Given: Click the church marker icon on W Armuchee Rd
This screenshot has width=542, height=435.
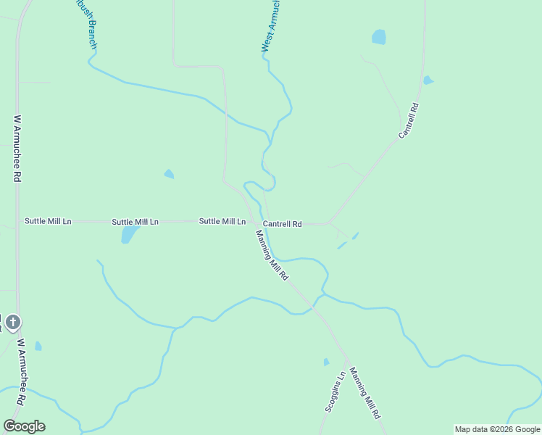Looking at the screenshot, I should coord(12,323).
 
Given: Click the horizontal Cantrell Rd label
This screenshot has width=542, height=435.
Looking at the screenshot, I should coord(282,224).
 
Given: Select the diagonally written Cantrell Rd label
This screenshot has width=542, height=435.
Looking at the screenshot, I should coord(409,120).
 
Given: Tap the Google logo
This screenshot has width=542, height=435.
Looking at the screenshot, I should coord(24,426).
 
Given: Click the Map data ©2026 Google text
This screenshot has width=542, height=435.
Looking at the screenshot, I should coord(498,429).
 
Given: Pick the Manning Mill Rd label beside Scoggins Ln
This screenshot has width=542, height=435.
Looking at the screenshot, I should coord(364,393).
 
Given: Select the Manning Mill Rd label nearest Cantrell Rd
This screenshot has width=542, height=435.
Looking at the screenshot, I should coord(272,255).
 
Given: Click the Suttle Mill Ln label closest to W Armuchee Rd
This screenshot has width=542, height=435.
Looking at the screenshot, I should coord(48,221).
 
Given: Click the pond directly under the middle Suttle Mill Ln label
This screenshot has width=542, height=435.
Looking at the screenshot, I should coord(129,234).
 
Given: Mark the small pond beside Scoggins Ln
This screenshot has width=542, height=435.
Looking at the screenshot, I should coord(326,362).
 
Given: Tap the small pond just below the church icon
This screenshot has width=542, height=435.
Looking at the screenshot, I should coord(38,347).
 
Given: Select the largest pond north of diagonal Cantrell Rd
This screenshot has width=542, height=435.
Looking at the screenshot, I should coord(378,36).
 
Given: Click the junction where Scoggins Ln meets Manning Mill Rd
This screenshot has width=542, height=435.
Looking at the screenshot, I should coord(346,360).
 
